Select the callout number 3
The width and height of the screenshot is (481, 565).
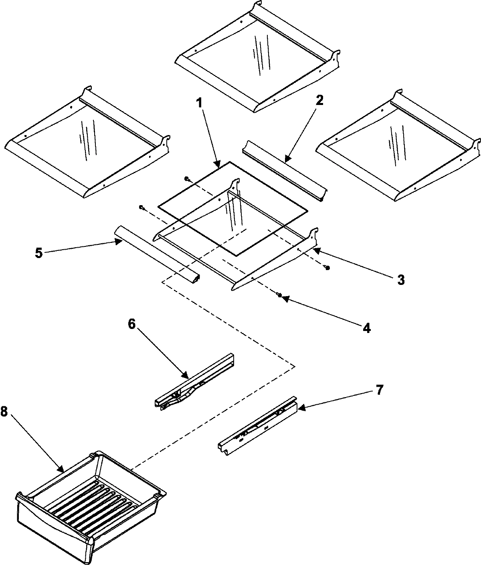[400, 279]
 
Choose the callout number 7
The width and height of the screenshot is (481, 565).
[379, 389]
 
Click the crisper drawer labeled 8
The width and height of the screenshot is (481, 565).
[90, 505]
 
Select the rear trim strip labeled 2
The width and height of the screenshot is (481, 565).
[284, 171]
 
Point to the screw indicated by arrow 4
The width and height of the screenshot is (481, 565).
[280, 295]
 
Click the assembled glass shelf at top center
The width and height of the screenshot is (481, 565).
[257, 56]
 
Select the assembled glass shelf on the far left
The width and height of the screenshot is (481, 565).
[86, 142]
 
